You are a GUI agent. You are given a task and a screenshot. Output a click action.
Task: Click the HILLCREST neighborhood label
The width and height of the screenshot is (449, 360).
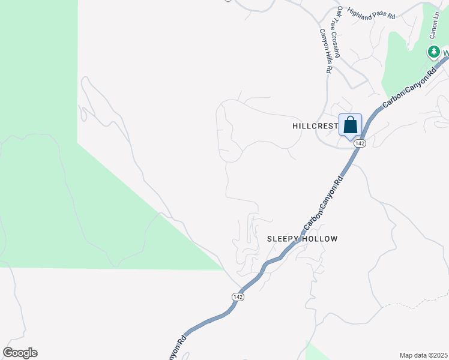[315, 127]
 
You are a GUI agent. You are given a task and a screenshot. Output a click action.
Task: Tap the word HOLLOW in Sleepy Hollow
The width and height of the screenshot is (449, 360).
[320, 239]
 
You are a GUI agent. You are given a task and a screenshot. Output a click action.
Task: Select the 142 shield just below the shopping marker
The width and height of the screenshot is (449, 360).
[360, 143]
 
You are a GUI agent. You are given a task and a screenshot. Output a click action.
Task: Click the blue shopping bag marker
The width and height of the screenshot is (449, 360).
[351, 126]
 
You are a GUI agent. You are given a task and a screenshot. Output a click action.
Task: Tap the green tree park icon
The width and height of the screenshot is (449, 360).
[433, 52]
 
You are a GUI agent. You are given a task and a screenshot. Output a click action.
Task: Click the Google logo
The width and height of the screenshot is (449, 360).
[20, 353]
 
